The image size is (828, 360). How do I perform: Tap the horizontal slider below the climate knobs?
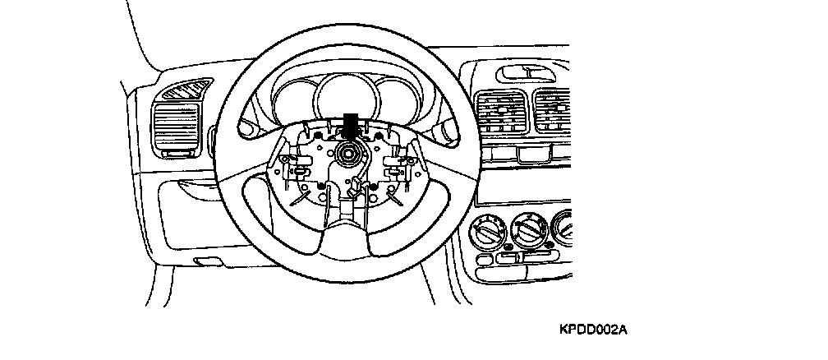521,261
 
